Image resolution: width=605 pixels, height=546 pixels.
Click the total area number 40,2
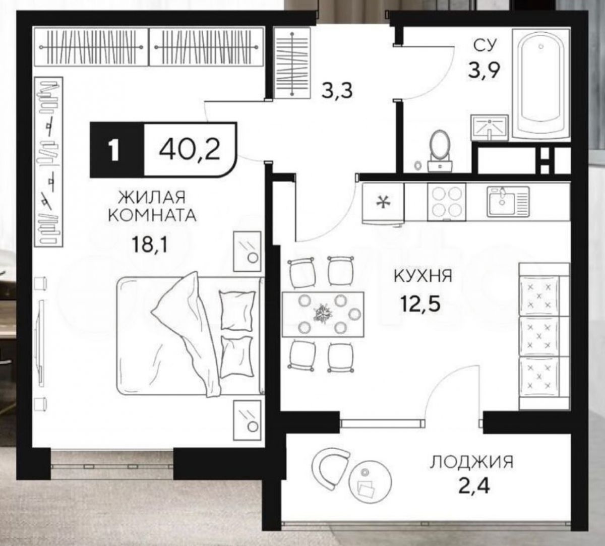pyautogui.click(x=190, y=150)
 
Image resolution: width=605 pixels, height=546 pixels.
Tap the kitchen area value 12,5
pyautogui.click(x=420, y=304)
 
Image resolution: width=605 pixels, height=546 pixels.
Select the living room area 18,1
pyautogui.click(x=149, y=244)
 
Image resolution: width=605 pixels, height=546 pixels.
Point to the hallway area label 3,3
pyautogui.click(x=337, y=91)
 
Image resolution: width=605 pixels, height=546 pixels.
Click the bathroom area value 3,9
pyautogui.click(x=484, y=70)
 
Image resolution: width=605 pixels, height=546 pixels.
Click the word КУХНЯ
pyautogui.click(x=423, y=276)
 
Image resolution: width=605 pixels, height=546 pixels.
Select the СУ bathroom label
pyautogui.click(x=485, y=45)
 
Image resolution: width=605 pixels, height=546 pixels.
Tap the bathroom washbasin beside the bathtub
pyautogui.click(x=490, y=128)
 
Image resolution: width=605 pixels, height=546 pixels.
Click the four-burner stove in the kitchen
pyautogui.click(x=447, y=202)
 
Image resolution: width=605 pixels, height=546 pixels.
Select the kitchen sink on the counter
pyautogui.click(x=508, y=201)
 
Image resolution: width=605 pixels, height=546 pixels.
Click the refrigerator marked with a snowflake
pyautogui.click(x=383, y=204)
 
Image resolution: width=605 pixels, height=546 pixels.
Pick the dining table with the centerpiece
pyautogui.click(x=323, y=314)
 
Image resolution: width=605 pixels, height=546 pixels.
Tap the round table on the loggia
pyautogui.click(x=370, y=482)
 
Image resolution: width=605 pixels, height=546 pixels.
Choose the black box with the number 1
pyautogui.click(x=117, y=150)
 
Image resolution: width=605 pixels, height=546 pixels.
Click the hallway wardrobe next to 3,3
pyautogui.click(x=292, y=64)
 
